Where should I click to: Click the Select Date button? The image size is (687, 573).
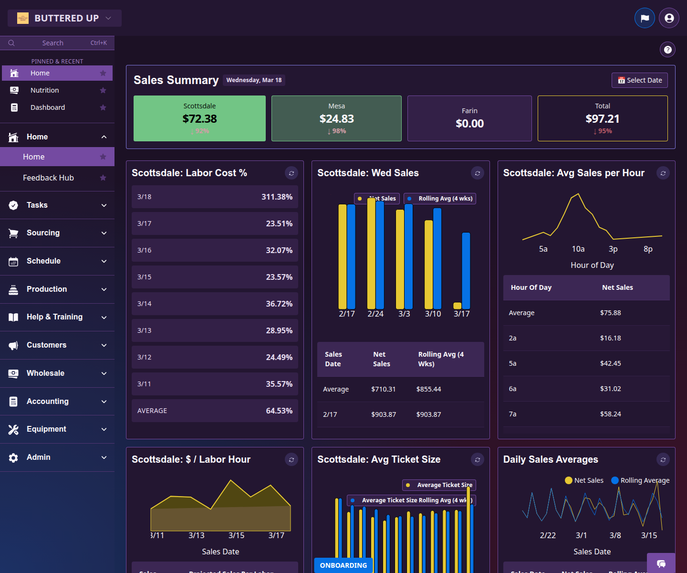pyautogui.click(x=639, y=80)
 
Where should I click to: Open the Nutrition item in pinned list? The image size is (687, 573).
pyautogui.click(x=44, y=90)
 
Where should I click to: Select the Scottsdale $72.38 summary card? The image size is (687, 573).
pyautogui.click(x=199, y=118)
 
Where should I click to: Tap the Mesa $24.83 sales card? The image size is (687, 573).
pyautogui.click(x=336, y=118)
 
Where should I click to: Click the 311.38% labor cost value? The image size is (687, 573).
pyautogui.click(x=277, y=197)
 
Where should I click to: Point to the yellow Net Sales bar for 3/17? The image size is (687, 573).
pyautogui.click(x=457, y=306)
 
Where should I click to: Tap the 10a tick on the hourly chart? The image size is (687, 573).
pyautogui.click(x=578, y=249)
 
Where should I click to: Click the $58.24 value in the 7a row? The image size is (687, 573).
pyautogui.click(x=610, y=414)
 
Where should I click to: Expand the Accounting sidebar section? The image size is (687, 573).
pyautogui.click(x=57, y=402)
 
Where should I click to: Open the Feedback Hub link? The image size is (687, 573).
pyautogui.click(x=48, y=178)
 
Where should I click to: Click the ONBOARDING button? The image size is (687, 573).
pyautogui.click(x=343, y=565)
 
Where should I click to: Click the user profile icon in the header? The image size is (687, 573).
pyautogui.click(x=669, y=18)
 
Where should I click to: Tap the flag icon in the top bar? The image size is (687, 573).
pyautogui.click(x=645, y=18)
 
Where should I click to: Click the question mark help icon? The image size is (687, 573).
pyautogui.click(x=667, y=49)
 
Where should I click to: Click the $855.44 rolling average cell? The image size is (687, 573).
pyautogui.click(x=428, y=389)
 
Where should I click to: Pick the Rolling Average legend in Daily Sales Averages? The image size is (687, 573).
pyautogui.click(x=640, y=480)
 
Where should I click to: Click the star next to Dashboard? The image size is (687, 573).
pyautogui.click(x=103, y=107)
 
